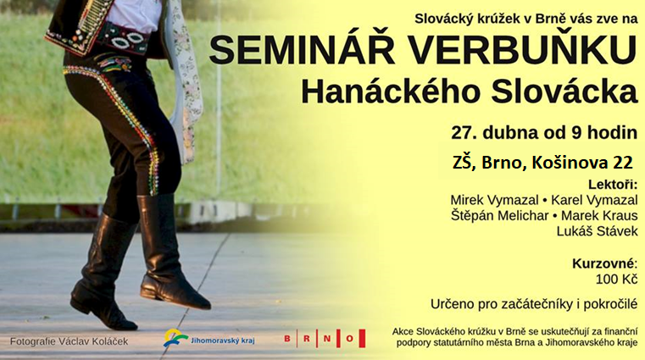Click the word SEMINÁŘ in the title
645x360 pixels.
(303, 50)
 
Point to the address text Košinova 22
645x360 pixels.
(582, 163)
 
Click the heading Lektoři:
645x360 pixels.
(613, 185)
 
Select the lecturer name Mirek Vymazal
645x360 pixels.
(494, 200)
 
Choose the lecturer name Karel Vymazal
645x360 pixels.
(594, 200)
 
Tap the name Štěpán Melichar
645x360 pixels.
(500, 216)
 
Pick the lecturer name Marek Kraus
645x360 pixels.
(599, 216)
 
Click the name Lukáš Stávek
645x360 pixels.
(597, 231)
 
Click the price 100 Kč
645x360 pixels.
(617, 280)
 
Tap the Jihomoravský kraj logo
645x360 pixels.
(209, 338)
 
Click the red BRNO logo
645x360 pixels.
(325, 338)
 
